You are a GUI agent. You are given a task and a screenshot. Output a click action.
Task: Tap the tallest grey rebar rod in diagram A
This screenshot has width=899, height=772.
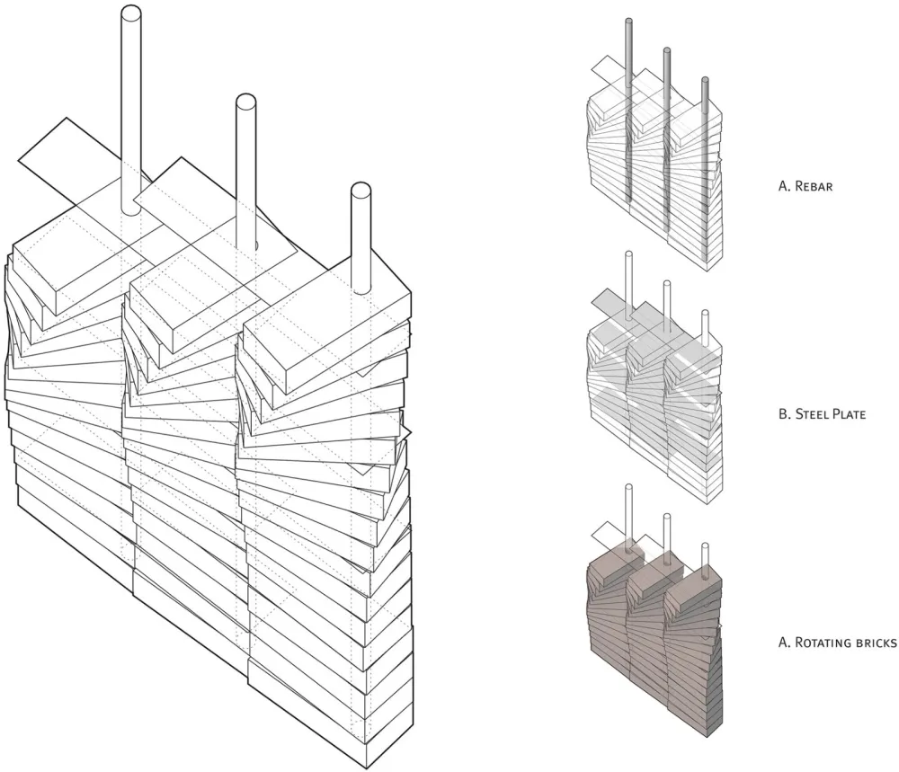coord(628,108)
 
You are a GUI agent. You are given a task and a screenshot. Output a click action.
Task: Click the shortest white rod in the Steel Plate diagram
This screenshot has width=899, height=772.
coord(705,328)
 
